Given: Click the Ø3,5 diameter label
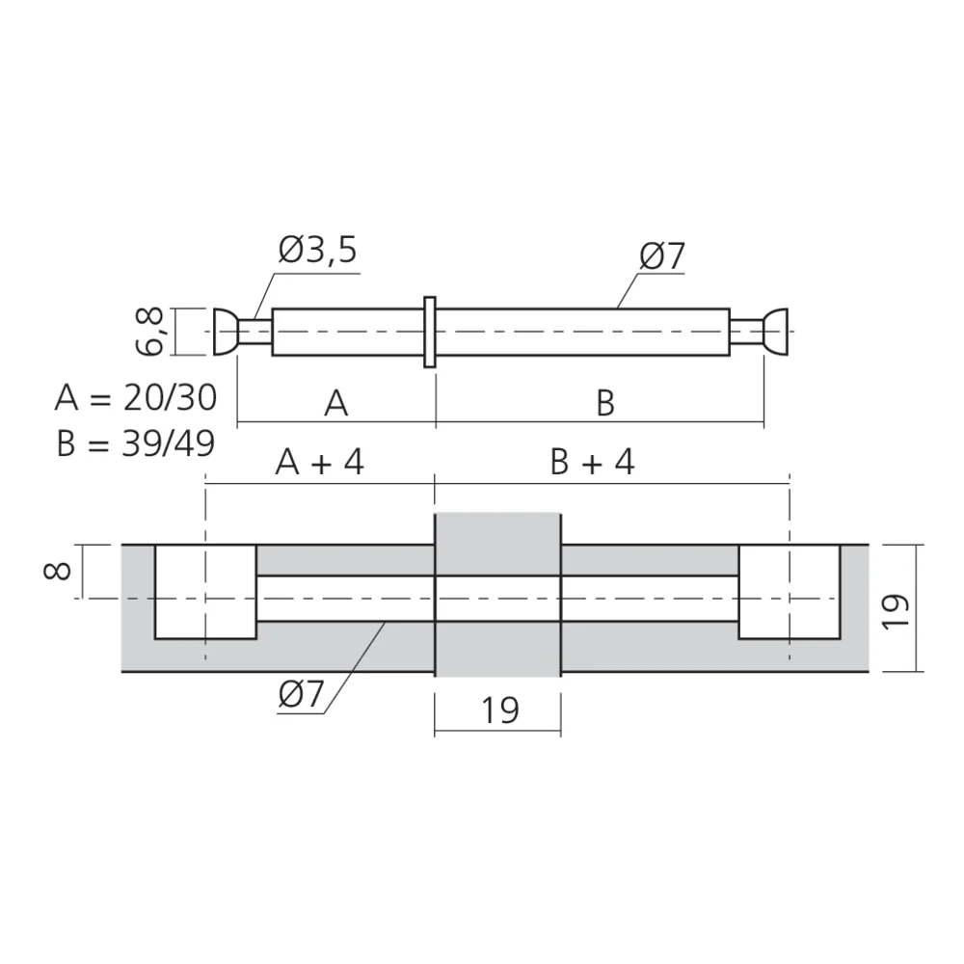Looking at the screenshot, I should click(318, 252).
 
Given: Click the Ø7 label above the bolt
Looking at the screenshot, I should click(661, 256).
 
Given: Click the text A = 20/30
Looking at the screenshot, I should click(135, 396).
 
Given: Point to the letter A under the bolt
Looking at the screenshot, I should click(335, 403).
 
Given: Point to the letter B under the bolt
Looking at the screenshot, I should click(604, 403).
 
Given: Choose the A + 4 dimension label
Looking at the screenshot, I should click(319, 464).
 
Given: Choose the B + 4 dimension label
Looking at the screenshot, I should click(593, 464).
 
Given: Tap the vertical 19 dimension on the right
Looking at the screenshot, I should click(896, 609).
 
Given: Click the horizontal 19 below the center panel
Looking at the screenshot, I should click(499, 710).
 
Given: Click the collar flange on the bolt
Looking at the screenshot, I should click(430, 332).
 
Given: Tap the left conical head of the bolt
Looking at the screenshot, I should click(224, 332).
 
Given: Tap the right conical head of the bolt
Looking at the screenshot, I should click(777, 332).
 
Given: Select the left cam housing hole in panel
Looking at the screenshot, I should click(205, 591).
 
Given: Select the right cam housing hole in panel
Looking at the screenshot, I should click(789, 591).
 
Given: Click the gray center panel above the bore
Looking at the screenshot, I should click(497, 544).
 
